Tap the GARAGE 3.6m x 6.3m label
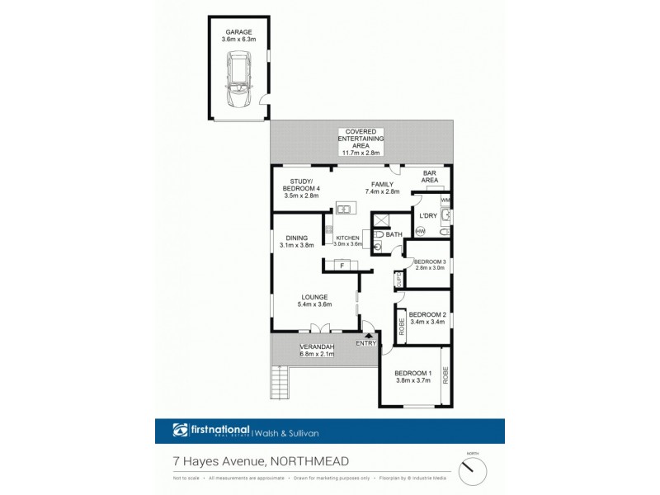pyautogui.click(x=239, y=36)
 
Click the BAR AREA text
pyautogui.click(x=430, y=177)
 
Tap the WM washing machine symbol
pyautogui.click(x=445, y=200)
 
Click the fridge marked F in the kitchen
pyautogui.click(x=341, y=265)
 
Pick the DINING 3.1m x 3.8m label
pyautogui.click(x=297, y=242)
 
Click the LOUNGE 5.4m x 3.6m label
pyautogui.click(x=314, y=300)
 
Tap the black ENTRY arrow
pyautogui.click(x=357, y=334)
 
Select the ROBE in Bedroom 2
pyautogui.click(x=402, y=327)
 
